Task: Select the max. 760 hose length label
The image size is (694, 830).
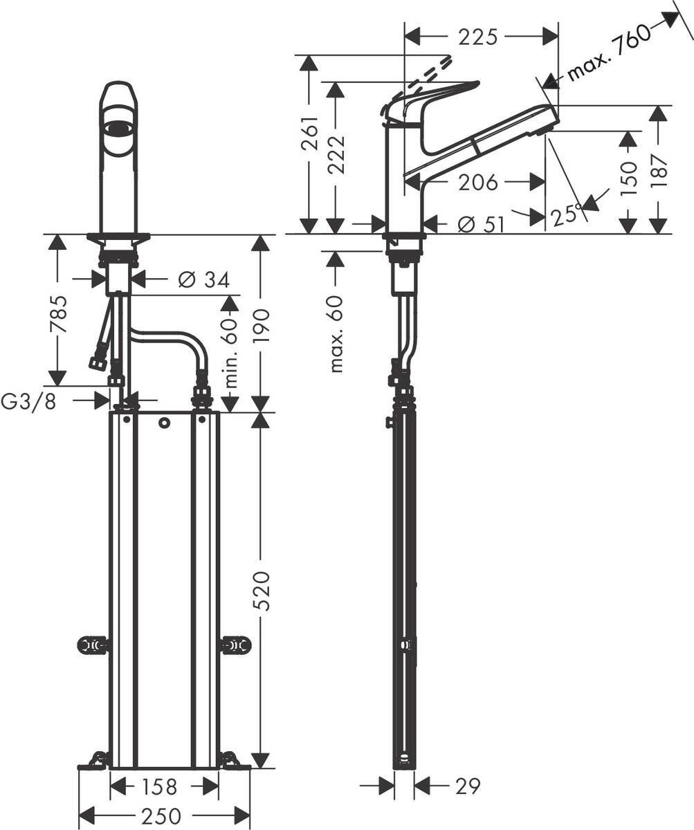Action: coord(609,52)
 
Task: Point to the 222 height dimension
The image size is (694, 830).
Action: coord(337,153)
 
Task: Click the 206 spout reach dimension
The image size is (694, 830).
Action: coord(477,183)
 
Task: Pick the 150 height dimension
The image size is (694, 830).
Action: coord(628,178)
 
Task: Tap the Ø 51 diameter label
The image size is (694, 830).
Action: coord(481,224)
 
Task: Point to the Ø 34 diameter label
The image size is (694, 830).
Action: coord(203,279)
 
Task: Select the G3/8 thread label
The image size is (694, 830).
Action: coord(29,401)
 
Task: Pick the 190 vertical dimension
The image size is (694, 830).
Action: coord(261,329)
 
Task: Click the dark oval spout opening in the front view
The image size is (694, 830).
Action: coord(119,127)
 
